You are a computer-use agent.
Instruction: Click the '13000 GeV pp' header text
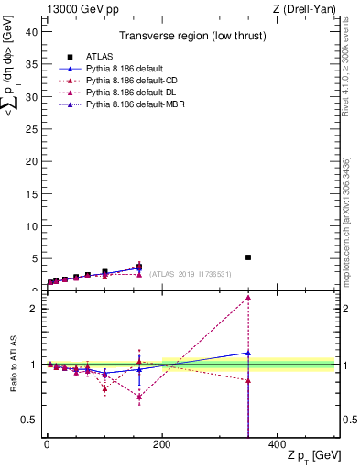tap(76, 8)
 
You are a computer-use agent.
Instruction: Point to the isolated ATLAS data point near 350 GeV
tap(248, 257)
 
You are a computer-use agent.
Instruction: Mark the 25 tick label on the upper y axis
tap(30, 128)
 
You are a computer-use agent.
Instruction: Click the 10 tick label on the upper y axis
tap(30, 226)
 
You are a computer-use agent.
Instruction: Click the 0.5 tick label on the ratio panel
tap(27, 420)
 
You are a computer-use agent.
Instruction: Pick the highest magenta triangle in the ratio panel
tap(248, 298)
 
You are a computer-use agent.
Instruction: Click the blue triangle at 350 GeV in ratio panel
tap(248, 353)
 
